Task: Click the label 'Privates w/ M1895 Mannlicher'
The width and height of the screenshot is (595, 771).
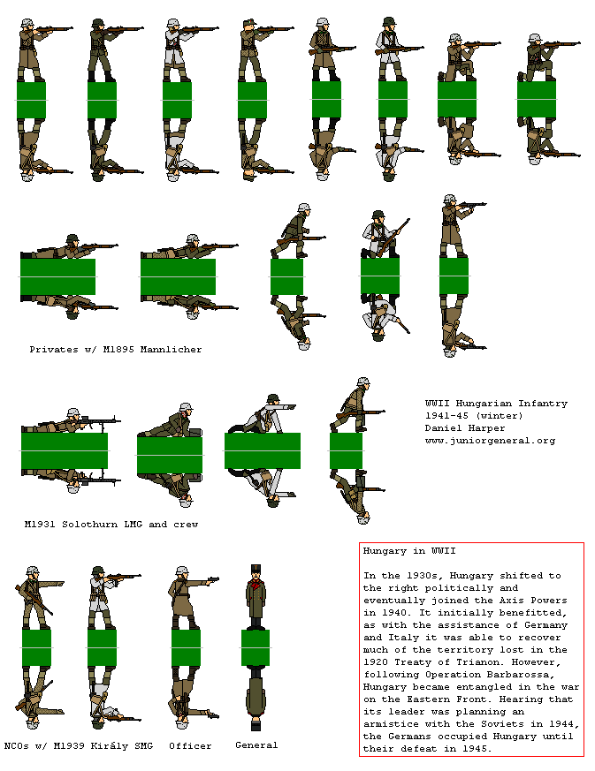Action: point(115,350)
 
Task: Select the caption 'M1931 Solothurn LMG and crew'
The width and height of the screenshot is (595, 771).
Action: point(111,524)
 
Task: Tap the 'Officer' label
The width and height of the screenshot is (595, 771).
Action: point(190,746)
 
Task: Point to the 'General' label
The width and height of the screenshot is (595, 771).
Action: point(256,745)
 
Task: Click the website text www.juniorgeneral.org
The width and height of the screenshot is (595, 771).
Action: point(490,440)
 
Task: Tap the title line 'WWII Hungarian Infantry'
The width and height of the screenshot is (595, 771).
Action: point(496,403)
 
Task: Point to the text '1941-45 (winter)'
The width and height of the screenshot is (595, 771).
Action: point(474,415)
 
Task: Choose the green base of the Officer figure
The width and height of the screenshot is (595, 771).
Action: point(186,647)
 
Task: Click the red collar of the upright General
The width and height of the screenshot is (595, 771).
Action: point(256,585)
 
